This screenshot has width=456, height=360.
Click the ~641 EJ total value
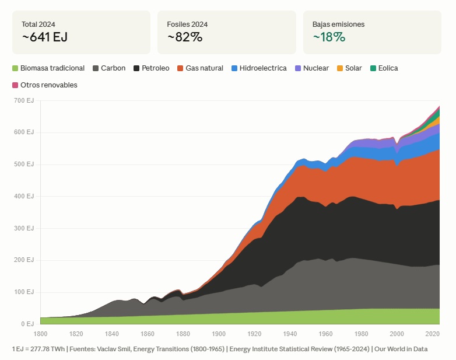45,37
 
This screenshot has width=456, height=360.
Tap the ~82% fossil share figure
185,37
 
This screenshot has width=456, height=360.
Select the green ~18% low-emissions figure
329,37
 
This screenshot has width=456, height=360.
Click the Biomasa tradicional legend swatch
15,68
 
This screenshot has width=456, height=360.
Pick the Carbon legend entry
109,68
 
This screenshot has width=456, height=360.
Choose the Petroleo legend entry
151,68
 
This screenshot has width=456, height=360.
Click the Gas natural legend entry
201,68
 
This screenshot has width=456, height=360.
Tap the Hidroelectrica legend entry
259,68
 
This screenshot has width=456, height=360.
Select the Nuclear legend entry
312,68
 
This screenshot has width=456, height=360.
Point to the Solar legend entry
349,68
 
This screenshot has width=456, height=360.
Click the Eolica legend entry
384,68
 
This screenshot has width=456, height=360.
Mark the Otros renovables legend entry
45,85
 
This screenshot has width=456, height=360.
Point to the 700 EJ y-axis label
24,101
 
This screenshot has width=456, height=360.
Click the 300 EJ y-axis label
24,228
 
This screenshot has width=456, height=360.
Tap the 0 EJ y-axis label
27,324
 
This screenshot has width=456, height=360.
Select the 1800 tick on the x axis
40,334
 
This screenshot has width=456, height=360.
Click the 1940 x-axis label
290,334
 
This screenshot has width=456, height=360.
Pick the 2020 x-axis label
433,334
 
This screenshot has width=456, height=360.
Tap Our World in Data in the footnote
401,349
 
